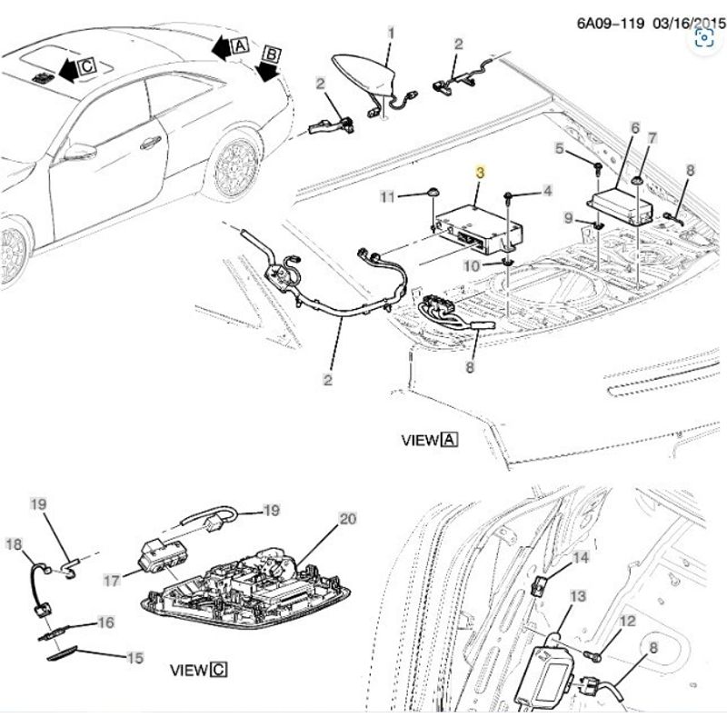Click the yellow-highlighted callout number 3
pos(480,173)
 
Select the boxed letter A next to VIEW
pos(449,439)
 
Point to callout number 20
pos(348,519)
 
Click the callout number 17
pos(111,581)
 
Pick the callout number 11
pos(387,197)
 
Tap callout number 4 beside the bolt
pos(548,191)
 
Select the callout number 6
pos(634,128)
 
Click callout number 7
pos(652,138)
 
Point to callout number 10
pos(472,266)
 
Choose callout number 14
pos(581,558)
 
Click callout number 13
pos(578,596)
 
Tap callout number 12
pos(628,621)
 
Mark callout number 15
pos(134,658)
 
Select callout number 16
pos(105,622)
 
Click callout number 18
pos(14,544)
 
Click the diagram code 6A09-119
pos(611,23)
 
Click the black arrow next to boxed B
pos(267,73)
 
